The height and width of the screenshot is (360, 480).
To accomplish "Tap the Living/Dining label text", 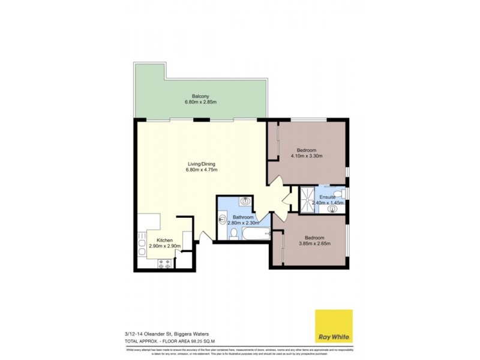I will pyautogui.click(x=201, y=164).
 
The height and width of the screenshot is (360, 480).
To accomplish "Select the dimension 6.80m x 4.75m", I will pyautogui.click(x=201, y=170).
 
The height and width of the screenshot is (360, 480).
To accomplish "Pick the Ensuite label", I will pyautogui.click(x=328, y=197).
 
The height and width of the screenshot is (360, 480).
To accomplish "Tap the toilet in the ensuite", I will pyautogui.click(x=339, y=193).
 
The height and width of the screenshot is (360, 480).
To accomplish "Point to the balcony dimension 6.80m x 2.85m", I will pyautogui.click(x=200, y=103).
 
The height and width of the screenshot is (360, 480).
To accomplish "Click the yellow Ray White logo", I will pyautogui.click(x=334, y=326).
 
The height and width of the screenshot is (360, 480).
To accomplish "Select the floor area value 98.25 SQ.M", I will pyautogui.click(x=188, y=343).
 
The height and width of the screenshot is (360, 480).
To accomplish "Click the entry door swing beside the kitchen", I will pyautogui.click(x=205, y=237).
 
